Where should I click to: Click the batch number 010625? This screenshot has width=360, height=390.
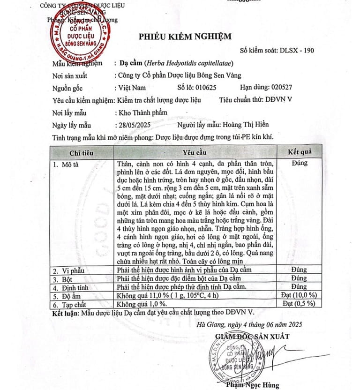coord(202,88)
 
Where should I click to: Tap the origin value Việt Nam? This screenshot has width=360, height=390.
coord(133,88)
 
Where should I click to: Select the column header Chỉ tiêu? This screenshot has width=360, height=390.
coord(82,153)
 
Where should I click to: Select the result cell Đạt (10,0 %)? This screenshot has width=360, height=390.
coord(299,295)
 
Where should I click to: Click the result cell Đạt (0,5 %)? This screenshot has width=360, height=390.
coord(299,304)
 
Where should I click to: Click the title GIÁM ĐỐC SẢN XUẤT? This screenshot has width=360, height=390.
coord(252,336)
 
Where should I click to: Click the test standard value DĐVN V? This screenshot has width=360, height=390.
coord(278,100)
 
